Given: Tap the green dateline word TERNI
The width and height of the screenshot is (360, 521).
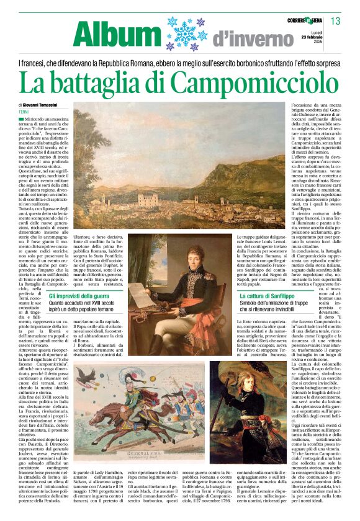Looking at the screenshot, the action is [x=25, y=111].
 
